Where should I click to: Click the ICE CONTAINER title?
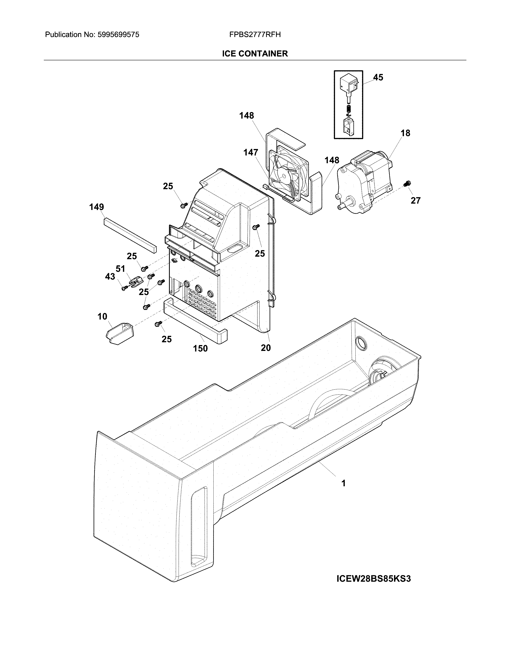(x=255, y=54)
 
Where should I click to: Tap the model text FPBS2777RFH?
(x=255, y=35)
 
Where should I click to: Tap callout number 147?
(x=251, y=153)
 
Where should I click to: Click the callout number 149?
(x=96, y=207)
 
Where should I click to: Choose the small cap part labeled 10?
(x=120, y=333)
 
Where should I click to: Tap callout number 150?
(x=200, y=348)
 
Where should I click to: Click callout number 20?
(x=266, y=348)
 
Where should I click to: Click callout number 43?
(x=110, y=276)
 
